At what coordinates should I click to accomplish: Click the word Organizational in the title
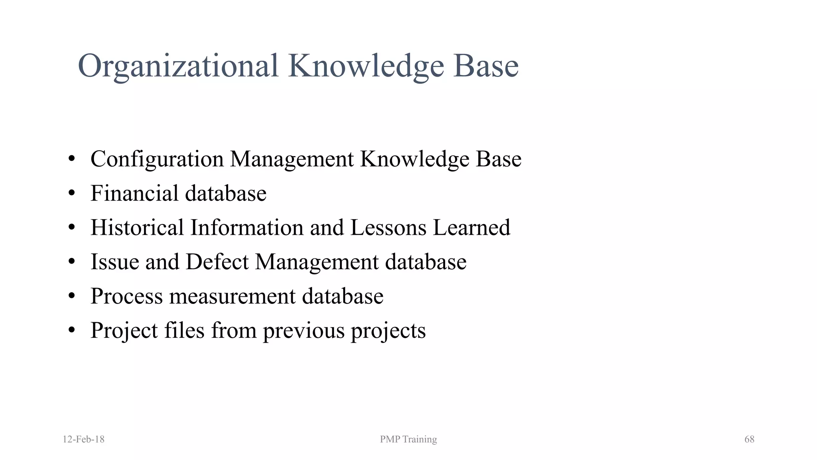coord(178,66)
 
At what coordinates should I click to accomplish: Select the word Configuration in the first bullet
coord(157,159)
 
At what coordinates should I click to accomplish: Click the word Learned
coord(472,228)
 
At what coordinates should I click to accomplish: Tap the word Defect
coord(217,262)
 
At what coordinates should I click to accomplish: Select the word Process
coord(126,297)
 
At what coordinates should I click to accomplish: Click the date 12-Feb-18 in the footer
coord(83,439)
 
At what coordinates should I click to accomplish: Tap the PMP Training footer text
coord(408,439)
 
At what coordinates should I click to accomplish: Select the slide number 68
coord(749,439)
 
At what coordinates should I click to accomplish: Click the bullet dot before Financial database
coord(72,194)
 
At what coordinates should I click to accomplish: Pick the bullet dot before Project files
coord(72,331)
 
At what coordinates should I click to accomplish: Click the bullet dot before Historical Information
coord(72,228)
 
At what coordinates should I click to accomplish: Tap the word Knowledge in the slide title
coord(366,66)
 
